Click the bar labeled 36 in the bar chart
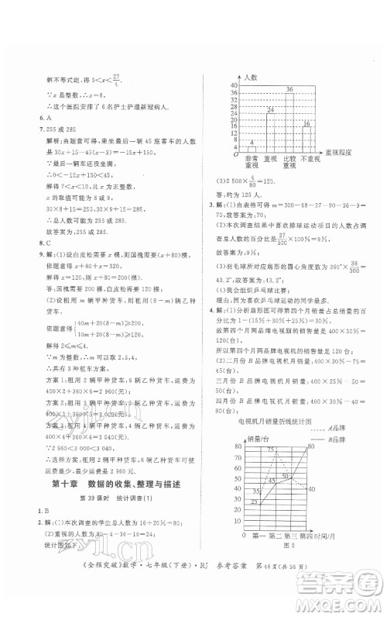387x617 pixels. click(289, 120)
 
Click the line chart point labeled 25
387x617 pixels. click(256, 503)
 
